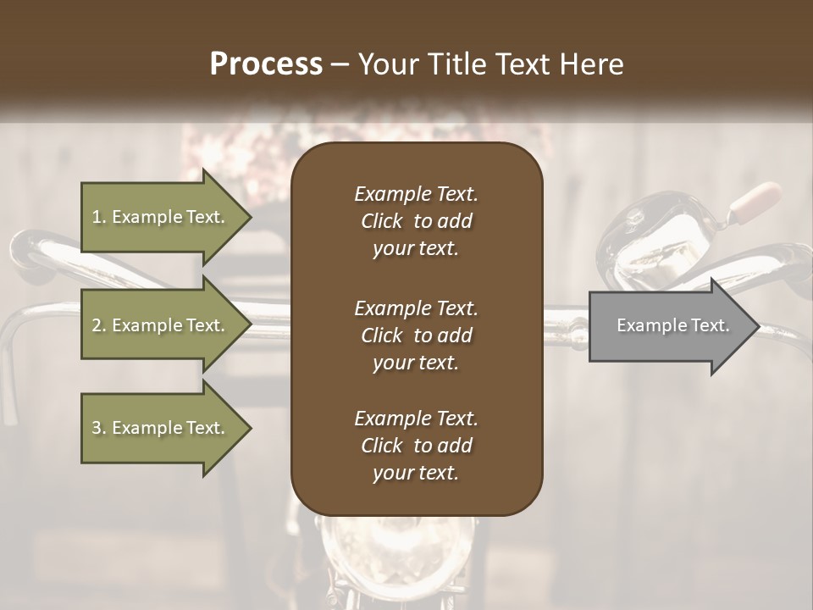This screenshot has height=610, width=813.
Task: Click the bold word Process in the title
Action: coord(266,64)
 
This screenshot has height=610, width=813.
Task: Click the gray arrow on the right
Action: coord(669,326)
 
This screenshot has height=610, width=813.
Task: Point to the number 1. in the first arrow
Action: coord(99,217)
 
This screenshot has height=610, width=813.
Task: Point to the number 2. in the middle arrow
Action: coord(99,325)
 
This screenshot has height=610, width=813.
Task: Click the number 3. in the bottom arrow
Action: coord(99,428)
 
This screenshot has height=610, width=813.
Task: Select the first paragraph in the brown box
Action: coord(416,221)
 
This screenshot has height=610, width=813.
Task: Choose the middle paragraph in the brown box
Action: coord(416,335)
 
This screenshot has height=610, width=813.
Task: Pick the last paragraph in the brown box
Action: coord(416,446)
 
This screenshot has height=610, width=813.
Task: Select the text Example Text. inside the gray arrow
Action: coord(672,325)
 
